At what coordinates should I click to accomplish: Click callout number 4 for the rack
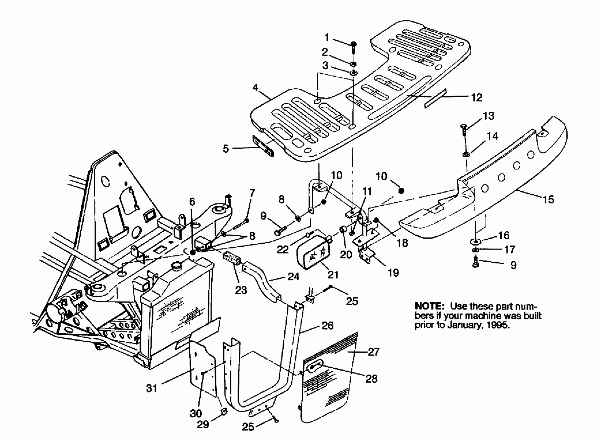point(255,87)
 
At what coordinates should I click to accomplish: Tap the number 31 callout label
point(152,388)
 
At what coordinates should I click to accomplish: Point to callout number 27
point(373,352)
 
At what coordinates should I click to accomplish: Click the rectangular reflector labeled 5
point(263,146)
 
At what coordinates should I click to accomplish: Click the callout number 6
point(192,202)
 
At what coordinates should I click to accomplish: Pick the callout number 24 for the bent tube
point(293,277)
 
